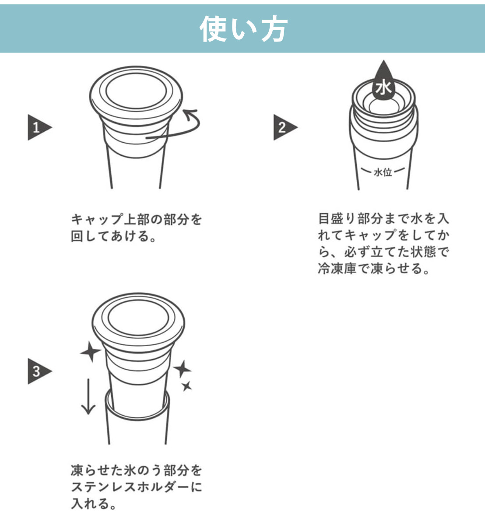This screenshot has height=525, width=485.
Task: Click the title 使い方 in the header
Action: pos(243,28)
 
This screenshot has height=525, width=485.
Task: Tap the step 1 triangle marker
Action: pos(39,127)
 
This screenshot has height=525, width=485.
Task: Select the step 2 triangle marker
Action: pos(285,127)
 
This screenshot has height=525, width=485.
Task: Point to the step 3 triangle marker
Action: pos(39,371)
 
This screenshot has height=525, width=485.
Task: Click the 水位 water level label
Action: pos(383,172)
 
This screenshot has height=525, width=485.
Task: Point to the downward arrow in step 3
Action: pos(88,396)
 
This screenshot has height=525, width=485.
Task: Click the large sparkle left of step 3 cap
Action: pos(91,351)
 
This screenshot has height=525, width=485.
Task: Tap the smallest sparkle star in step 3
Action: pos(187,386)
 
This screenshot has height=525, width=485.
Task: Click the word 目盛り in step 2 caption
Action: pos(337,219)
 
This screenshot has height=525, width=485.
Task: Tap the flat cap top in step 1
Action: pos(136,91)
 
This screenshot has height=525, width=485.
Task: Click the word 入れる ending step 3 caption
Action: pos(90,504)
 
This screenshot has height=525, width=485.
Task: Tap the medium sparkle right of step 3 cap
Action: pos(182,369)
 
